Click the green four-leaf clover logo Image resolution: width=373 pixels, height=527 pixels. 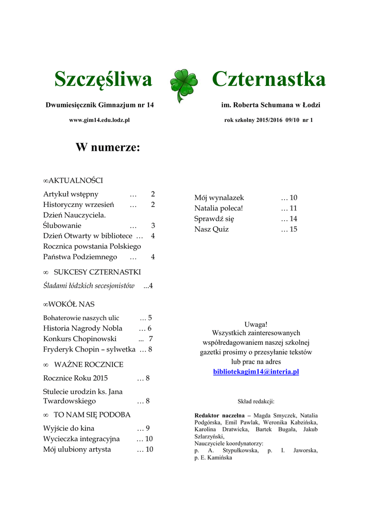click(183, 84)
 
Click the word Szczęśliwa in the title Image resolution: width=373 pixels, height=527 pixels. click(103, 80)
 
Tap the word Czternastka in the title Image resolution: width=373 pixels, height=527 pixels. click(268, 80)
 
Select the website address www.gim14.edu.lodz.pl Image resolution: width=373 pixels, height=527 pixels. click(99, 120)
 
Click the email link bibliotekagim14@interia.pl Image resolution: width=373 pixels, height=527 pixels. click(256, 371)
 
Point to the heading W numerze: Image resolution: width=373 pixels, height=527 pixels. click(108, 148)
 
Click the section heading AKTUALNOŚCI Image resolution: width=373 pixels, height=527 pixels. click(75, 180)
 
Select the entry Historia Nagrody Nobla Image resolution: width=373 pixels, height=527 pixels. click(83, 328)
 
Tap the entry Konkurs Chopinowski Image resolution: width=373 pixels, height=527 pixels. click(80, 339)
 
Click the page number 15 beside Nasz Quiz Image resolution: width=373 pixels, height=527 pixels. click(293, 229)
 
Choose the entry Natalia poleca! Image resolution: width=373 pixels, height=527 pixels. click(218, 208)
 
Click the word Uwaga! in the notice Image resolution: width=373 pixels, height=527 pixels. click(256, 324)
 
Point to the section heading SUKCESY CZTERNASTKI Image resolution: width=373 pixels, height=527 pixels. click(97, 272)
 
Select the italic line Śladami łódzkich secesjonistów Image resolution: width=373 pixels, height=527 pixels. click(89, 286)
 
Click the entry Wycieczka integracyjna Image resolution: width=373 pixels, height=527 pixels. click(81, 438)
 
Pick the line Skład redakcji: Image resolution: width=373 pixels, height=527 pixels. click(256, 400)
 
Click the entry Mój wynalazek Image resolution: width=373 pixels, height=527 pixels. click(219, 198)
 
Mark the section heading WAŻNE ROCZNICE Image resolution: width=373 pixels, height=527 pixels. click(89, 364)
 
